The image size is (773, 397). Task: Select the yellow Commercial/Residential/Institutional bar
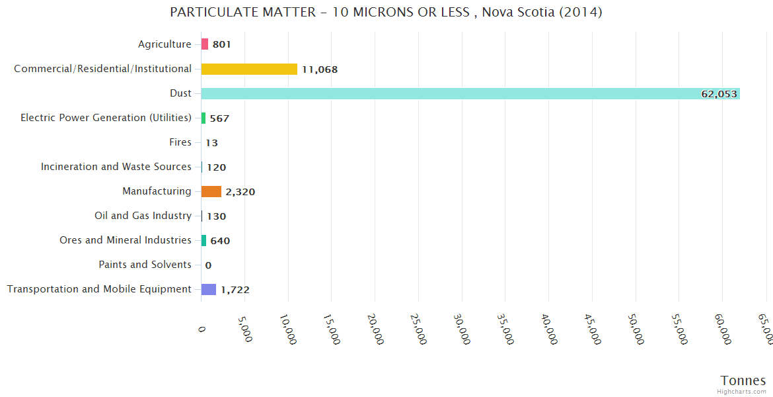[249, 69]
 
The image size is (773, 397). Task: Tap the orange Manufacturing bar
[211, 191]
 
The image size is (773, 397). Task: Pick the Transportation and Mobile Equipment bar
[209, 289]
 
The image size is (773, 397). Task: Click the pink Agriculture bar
[205, 44]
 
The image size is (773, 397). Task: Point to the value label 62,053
[719, 94]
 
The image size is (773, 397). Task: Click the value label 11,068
[320, 69]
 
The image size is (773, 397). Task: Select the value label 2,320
[240, 192]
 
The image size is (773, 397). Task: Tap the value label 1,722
[235, 290]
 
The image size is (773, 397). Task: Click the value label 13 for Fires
[211, 143]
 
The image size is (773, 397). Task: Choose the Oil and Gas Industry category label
[143, 216]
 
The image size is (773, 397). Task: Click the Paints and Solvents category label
[145, 265]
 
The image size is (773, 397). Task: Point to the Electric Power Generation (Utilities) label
[106, 118]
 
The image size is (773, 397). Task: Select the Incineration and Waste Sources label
[116, 167]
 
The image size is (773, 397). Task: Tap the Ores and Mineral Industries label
[126, 240]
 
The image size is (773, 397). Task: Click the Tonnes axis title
[743, 380]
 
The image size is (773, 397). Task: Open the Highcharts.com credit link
[742, 392]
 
